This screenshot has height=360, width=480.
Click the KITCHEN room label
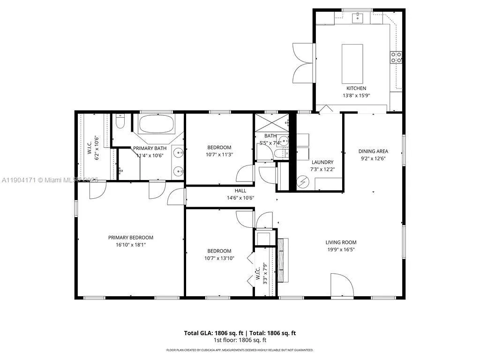coord(356,88)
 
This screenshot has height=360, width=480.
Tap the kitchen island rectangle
coord(352,62)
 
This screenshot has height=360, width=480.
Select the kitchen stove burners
coord(396,57)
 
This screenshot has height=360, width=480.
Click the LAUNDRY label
coord(322,162)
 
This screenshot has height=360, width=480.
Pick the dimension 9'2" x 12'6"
coord(373,158)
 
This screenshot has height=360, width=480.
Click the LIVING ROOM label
coord(341,242)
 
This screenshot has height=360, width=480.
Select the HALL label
coord(240,191)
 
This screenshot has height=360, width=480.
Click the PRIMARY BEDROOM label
coord(131,237)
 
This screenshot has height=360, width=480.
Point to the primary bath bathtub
coord(157,125)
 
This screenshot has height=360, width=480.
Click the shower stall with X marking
coord(270,124)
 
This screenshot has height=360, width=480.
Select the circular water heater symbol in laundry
coord(303,180)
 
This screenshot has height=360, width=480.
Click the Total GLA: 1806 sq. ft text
coord(211,333)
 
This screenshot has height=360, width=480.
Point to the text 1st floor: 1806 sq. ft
coord(240,340)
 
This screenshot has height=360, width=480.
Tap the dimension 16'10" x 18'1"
coord(131,245)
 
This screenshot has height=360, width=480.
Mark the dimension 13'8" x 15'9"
coord(356,96)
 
